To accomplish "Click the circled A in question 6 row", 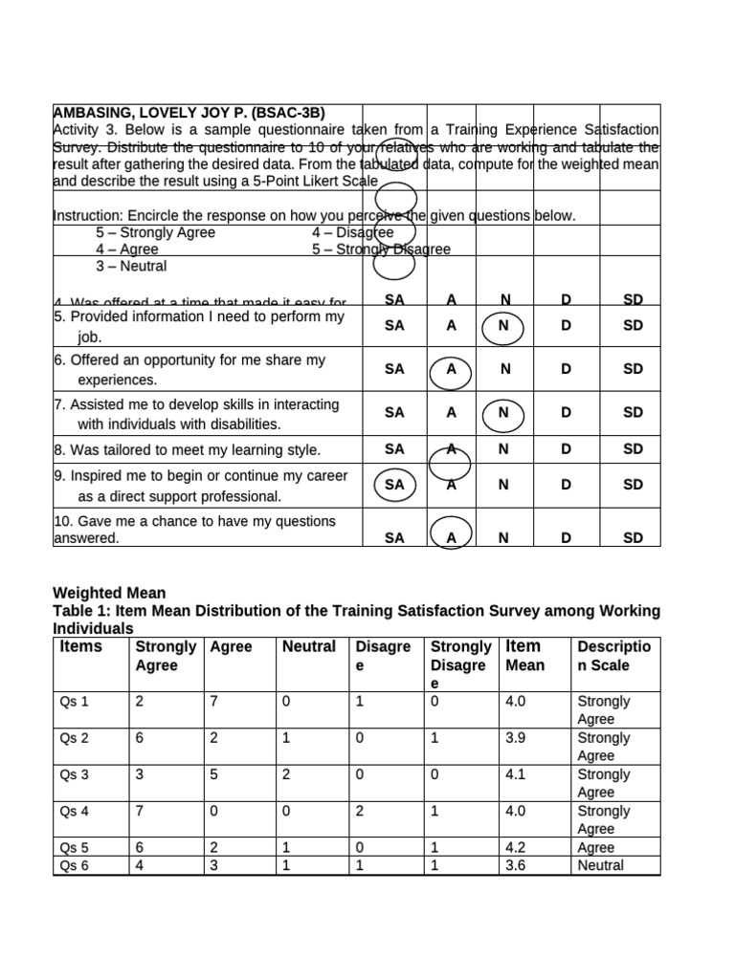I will [451, 369].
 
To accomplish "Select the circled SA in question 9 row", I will [394, 485].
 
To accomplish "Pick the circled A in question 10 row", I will [451, 537].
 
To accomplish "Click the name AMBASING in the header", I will [91, 112].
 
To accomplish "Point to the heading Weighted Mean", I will [109, 594].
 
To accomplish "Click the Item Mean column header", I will [524, 656].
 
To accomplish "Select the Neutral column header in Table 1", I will [308, 647].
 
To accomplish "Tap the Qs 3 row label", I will [75, 774].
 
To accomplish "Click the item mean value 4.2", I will [515, 848].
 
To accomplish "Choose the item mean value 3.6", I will [515, 866].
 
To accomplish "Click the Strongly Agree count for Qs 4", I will [141, 811].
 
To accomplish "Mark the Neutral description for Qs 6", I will [600, 866].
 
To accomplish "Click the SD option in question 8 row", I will [633, 449].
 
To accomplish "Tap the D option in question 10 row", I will [566, 538].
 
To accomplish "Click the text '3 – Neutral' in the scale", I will [131, 266].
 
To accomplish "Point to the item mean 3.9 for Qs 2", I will [515, 738].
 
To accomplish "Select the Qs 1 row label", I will [75, 702].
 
